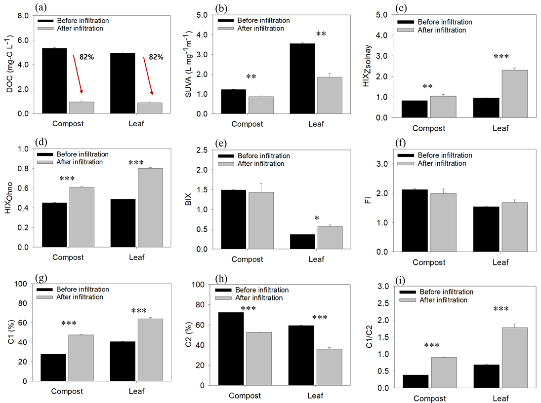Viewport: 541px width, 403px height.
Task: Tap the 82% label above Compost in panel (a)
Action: pos(85,57)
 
